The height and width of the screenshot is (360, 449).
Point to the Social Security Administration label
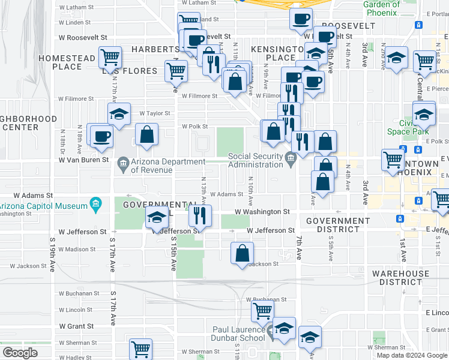255,161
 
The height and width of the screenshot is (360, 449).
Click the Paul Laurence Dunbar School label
238,334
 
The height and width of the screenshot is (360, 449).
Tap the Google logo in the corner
20,353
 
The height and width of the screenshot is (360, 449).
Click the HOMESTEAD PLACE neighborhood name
66,62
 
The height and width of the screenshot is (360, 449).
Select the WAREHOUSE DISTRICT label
400,278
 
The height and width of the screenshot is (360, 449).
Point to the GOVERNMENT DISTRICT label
338,225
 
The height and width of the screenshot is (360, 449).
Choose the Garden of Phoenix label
381,8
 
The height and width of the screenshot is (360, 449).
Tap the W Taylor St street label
155,113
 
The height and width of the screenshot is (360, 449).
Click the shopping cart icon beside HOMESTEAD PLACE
110,58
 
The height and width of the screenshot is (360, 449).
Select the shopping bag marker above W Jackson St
242,253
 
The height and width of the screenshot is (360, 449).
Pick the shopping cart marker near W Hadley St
140,349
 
